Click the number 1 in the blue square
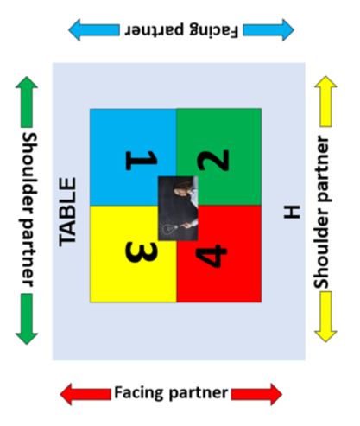pyautogui.click(x=142, y=161)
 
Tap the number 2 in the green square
pyautogui.click(x=213, y=161)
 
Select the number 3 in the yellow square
pyautogui.click(x=142, y=252)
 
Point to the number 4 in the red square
pyautogui.click(x=212, y=256)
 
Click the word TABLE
pyautogui.click(x=67, y=212)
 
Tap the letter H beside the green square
pyautogui.click(x=292, y=212)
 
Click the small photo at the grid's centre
pyautogui.click(x=178, y=208)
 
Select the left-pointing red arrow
pyautogui.click(x=85, y=394)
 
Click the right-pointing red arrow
pyautogui.click(x=256, y=394)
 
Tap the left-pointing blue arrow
pyautogui.click(x=94, y=29)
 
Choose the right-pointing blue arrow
pyautogui.click(x=268, y=29)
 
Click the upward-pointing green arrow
pyautogui.click(x=27, y=102)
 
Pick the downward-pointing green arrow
pyautogui.click(x=27, y=319)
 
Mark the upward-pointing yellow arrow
pyautogui.click(x=325, y=101)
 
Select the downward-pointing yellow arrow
pyautogui.click(x=325, y=317)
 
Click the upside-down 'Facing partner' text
pyautogui.click(x=181, y=29)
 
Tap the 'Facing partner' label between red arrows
pyautogui.click(x=171, y=393)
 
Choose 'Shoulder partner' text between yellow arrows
pyautogui.click(x=322, y=212)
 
